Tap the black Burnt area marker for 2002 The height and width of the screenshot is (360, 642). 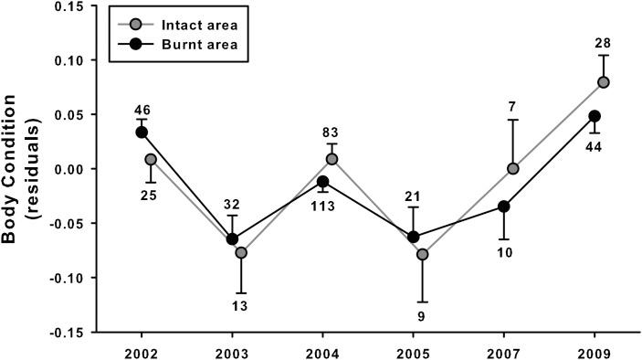click(141, 132)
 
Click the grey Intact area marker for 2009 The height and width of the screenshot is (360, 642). click(604, 82)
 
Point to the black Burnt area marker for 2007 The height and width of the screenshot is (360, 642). click(502, 206)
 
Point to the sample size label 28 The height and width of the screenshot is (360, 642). click(604, 43)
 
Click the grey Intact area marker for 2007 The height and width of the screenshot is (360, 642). click(513, 168)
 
